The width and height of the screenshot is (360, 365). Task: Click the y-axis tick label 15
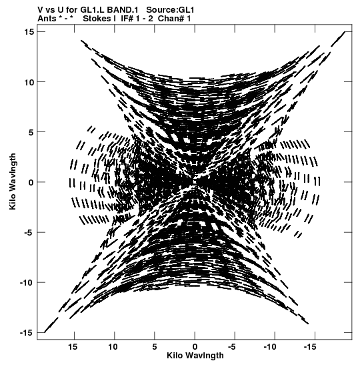(x=29, y=31)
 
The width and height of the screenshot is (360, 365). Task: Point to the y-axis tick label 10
(x=29, y=82)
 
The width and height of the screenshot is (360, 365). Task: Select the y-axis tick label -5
(x=28, y=232)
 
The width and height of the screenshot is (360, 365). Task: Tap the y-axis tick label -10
(x=27, y=283)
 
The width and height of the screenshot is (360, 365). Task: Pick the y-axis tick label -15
(x=27, y=333)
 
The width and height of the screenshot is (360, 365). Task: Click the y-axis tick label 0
(x=31, y=182)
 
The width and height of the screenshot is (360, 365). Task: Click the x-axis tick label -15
(x=310, y=347)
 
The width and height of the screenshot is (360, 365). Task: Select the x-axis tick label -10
(x=270, y=347)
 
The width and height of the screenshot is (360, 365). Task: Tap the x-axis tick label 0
(x=195, y=347)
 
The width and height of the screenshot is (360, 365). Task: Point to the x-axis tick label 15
(x=73, y=347)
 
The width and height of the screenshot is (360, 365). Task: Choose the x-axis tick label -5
(x=231, y=347)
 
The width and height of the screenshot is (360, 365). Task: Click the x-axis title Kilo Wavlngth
(x=195, y=356)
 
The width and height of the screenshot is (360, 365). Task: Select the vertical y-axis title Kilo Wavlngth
(x=13, y=181)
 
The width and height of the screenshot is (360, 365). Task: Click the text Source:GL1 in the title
(x=170, y=10)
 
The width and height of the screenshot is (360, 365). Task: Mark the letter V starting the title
(x=40, y=10)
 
